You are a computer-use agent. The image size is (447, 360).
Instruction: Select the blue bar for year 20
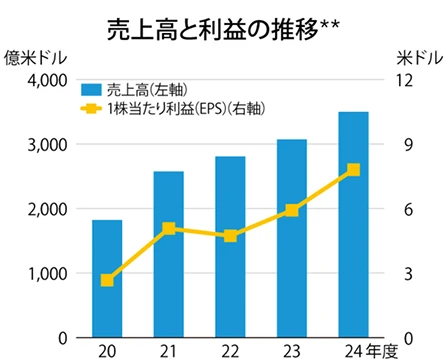(107, 280)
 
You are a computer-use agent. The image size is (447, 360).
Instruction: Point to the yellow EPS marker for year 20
(107, 280)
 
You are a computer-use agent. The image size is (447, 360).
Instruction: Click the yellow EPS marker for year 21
(168, 229)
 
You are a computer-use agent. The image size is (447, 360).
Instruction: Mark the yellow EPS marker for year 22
(230, 236)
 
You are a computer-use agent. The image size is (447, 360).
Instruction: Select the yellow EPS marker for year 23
(291, 210)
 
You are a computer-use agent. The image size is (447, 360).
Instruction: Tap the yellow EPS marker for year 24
(352, 170)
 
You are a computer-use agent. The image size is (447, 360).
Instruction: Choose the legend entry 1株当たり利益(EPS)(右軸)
(200, 106)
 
